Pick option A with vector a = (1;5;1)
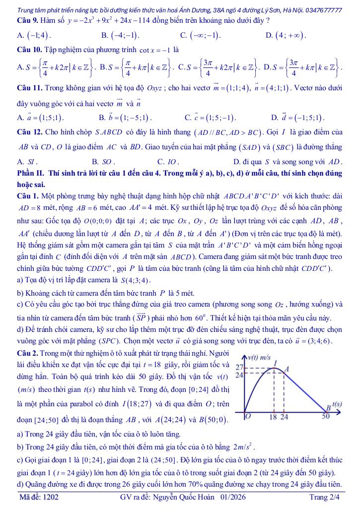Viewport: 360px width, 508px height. coord(41,119)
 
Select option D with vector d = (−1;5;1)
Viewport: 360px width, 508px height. coord(297,119)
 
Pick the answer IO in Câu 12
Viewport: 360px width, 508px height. coord(168,162)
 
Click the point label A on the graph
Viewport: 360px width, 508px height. coord(286,370)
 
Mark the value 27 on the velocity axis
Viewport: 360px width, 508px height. coord(238,368)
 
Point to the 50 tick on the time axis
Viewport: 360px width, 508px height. coord(326,417)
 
